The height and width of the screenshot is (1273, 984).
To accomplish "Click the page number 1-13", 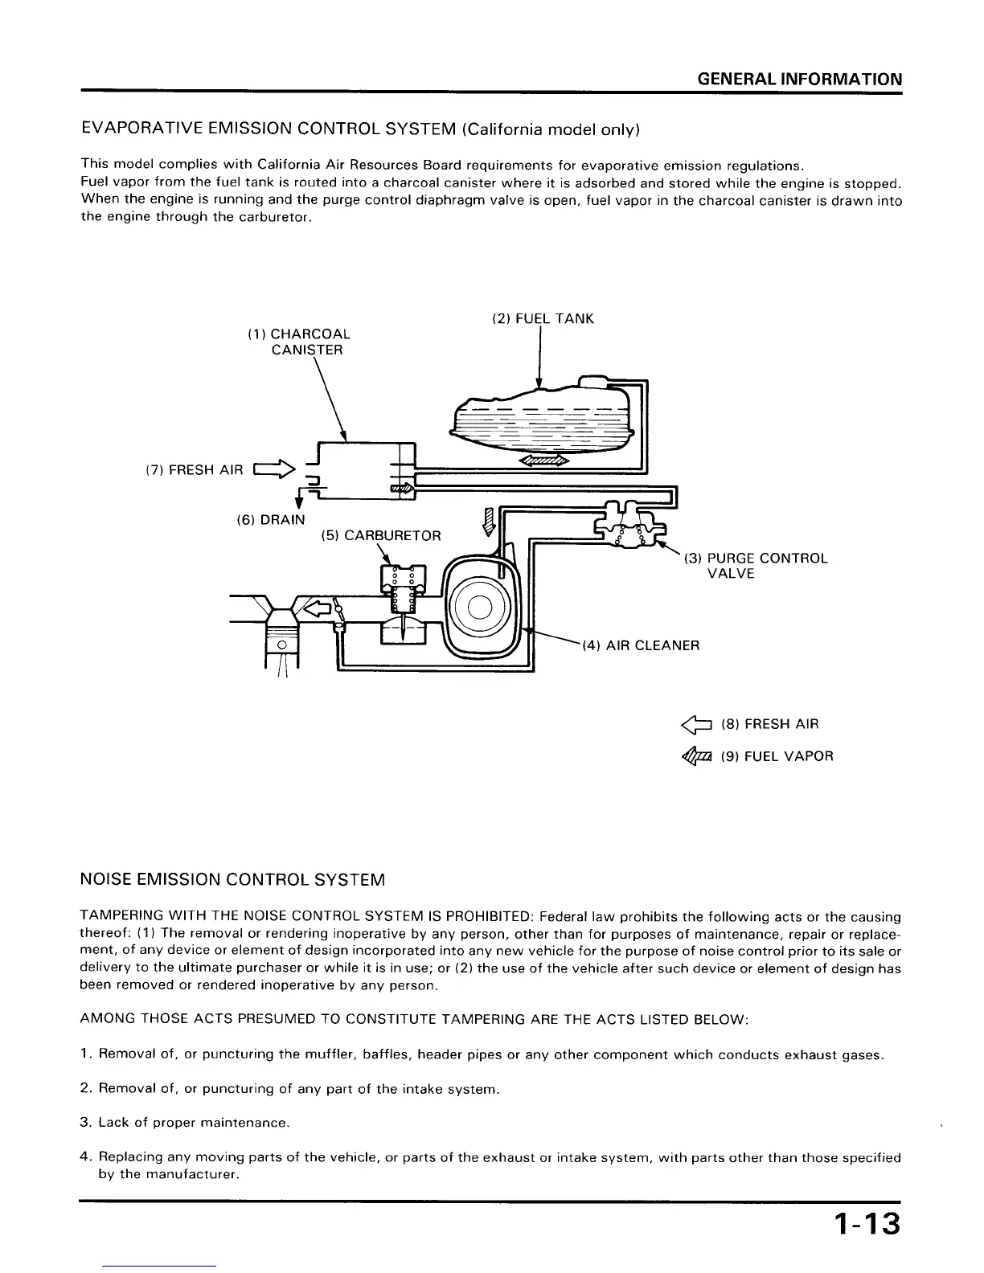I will coord(867,1226).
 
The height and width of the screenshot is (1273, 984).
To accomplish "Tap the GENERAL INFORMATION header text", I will coord(799,79).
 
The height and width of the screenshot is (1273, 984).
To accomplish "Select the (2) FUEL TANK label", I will coord(543,319).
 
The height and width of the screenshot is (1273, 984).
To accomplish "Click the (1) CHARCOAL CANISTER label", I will coord(298,342).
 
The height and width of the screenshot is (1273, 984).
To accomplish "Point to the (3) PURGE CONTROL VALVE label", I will coord(756,566).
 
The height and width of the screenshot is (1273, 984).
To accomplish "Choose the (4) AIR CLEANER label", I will coord(641,645).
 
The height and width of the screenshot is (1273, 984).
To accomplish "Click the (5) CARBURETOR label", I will coord(380,535).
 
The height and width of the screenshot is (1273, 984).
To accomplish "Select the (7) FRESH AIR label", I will coord(194,470).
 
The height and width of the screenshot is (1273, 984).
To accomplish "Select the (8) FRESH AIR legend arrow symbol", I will coord(695,725).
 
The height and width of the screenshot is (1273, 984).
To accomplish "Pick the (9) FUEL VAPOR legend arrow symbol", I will coord(695,757).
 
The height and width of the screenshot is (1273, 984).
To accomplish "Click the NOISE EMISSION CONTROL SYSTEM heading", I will coord(233,880).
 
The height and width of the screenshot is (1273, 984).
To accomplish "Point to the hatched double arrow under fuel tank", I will coord(543,461).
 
